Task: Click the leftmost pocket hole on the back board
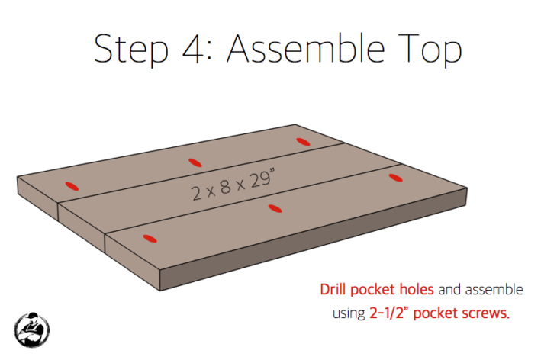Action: click(72, 185)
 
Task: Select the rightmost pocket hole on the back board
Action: click(303, 141)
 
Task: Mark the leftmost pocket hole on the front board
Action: click(150, 238)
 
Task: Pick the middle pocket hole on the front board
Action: click(275, 207)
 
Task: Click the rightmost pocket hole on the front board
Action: click(394, 178)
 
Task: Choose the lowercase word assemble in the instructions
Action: click(495, 291)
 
